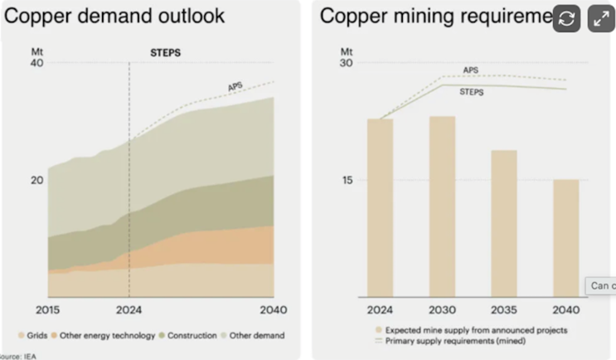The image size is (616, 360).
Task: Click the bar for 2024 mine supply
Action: pos(380,207)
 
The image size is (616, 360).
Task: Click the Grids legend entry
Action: pos(33,336)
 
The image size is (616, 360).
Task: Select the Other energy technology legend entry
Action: pos(102,336)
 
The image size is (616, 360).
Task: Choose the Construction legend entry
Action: pos(188,336)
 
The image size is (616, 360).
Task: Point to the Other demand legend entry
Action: pos(256,336)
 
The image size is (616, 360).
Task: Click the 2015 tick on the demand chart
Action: pos(48,310)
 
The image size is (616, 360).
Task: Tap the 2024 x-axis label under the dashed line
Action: pos(129,310)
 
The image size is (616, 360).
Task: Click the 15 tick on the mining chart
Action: pos(346,181)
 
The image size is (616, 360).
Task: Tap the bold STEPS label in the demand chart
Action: pos(165,53)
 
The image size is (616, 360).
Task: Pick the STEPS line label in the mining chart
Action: pos(472,92)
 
